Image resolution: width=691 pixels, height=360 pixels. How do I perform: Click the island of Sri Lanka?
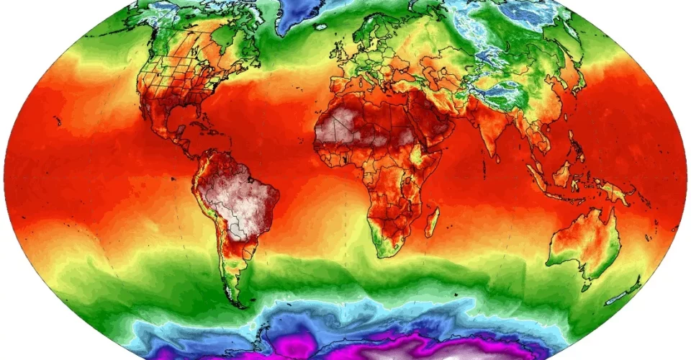pos(508,159)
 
